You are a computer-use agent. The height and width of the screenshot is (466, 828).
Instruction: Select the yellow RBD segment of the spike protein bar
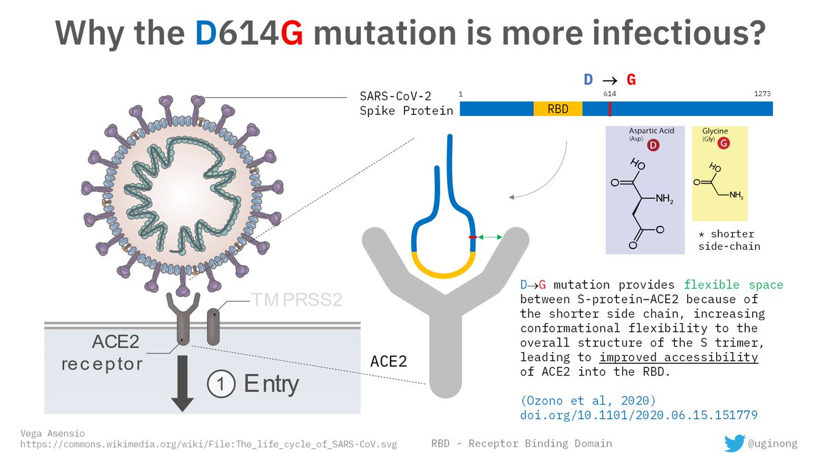(558, 109)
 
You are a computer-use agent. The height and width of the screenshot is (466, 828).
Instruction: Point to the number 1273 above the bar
(762, 94)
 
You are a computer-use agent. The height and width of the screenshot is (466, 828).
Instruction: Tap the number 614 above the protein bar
(609, 94)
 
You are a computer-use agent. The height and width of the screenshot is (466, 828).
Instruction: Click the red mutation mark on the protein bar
(609, 109)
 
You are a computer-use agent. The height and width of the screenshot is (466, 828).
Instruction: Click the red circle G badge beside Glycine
(723, 144)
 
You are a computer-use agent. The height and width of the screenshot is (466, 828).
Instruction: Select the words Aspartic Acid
(651, 130)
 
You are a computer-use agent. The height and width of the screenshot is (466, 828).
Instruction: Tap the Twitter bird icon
(735, 443)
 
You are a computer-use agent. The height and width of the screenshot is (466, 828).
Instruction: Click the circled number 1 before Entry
(219, 384)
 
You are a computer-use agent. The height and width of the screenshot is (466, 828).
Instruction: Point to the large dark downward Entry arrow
(182, 384)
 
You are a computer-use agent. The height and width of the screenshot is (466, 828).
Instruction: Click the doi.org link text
(639, 416)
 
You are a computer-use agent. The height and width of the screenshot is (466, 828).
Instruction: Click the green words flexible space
(733, 284)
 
